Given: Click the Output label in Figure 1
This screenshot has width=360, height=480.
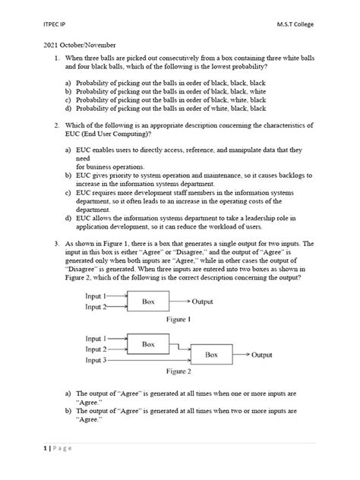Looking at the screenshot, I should pyautogui.click(x=207, y=302).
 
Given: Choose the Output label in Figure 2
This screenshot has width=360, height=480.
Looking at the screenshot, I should pyautogui.click(x=262, y=355).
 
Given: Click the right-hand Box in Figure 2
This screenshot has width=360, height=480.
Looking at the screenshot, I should pyautogui.click(x=212, y=355).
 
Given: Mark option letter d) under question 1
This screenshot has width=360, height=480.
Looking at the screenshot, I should pyautogui.click(x=69, y=109).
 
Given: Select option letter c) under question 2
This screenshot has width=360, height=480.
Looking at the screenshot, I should pyautogui.click(x=69, y=194).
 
